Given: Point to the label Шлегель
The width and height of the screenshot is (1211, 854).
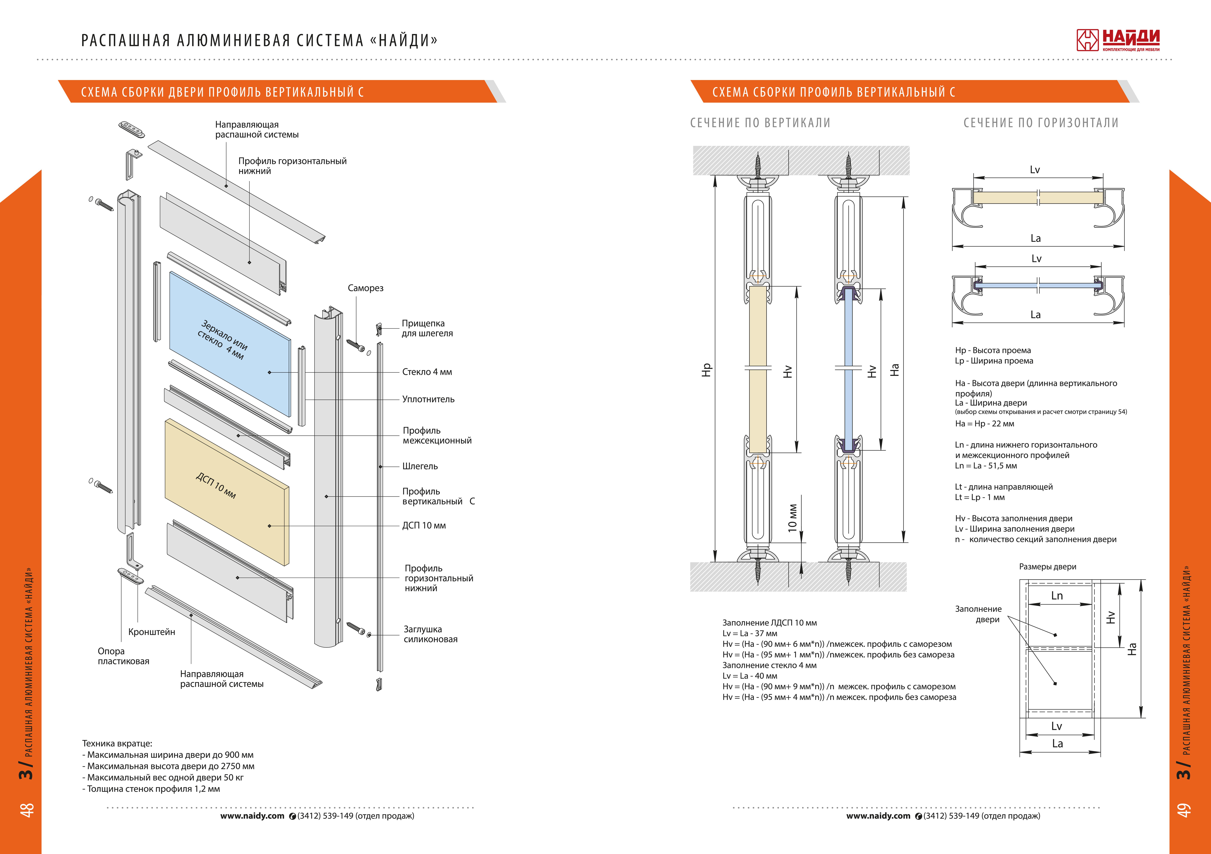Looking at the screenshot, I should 420,466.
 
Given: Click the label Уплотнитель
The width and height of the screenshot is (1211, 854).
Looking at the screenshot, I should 428,399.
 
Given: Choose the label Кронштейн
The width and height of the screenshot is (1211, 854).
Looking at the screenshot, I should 151,631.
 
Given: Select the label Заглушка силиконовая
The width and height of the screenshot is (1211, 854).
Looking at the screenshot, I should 430,634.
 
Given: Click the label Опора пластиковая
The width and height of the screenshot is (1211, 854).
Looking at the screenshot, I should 123,656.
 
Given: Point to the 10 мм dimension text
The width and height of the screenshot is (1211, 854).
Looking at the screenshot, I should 792,518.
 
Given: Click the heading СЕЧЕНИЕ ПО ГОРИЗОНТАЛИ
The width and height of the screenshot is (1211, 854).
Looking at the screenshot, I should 1041,123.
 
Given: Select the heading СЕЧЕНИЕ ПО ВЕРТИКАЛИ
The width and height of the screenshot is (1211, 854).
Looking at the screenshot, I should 760,123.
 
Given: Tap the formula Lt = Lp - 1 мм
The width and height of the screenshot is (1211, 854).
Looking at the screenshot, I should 979,497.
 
